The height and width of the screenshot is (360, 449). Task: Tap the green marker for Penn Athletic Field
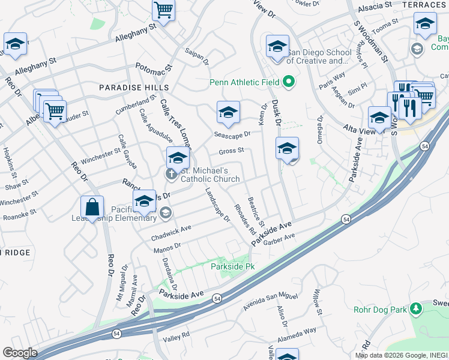[289, 82]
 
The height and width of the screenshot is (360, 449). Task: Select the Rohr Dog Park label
[378, 310]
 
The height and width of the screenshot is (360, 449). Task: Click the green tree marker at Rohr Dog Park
[415, 309]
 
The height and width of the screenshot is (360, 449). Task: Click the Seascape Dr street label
[232, 134]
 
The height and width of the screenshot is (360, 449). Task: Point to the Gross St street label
[231, 151]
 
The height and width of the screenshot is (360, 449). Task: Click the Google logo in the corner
[20, 353]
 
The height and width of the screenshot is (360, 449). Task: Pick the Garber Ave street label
[280, 238]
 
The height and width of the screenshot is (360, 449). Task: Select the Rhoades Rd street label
[246, 220]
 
